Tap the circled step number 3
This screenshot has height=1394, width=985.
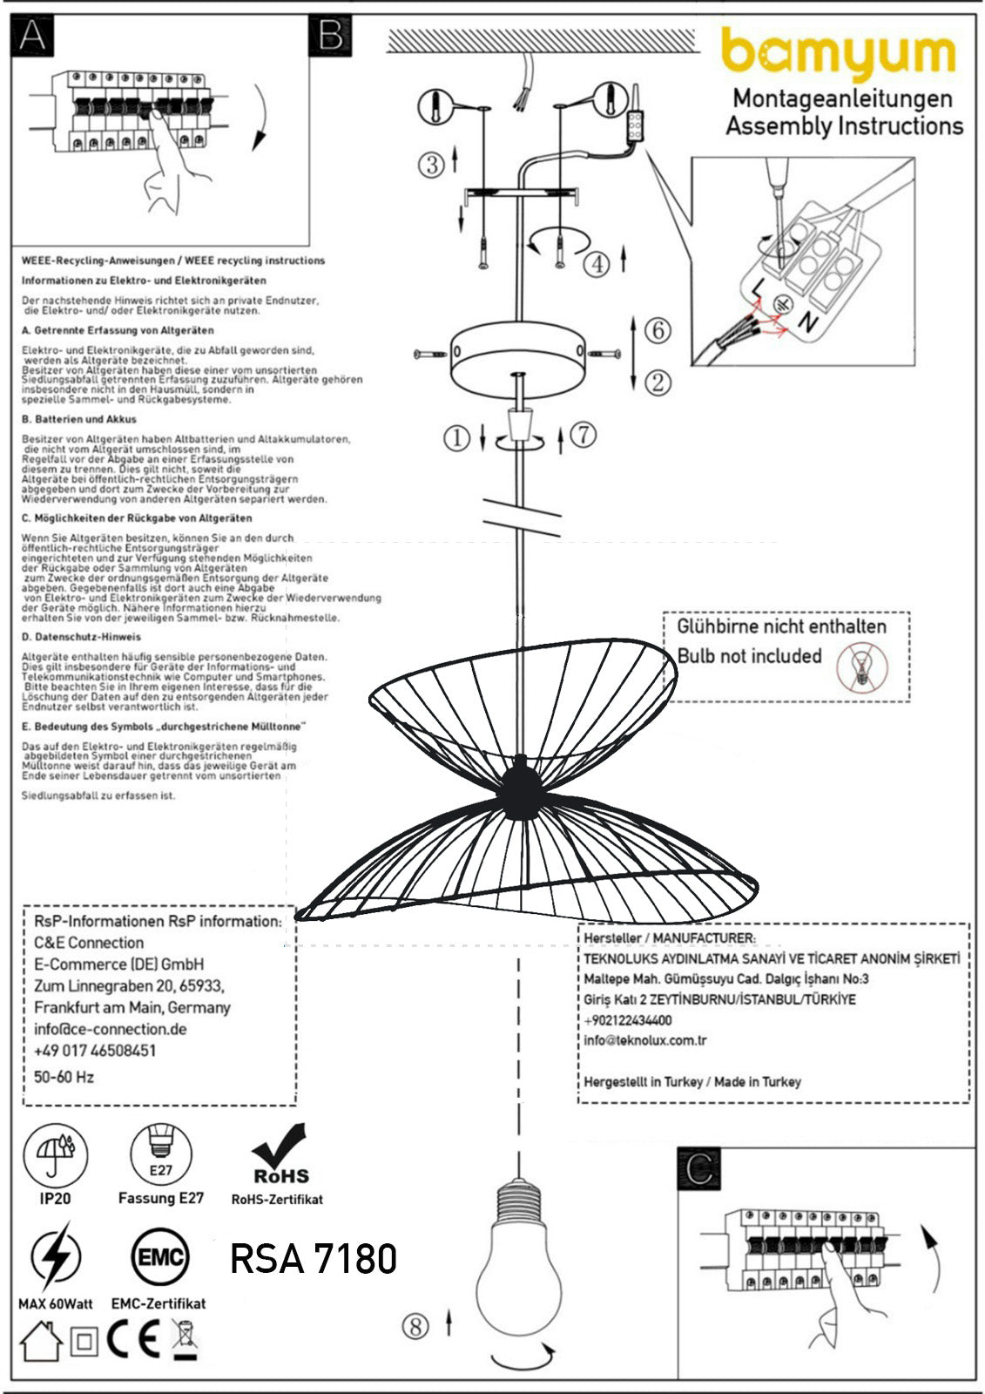pos(431,164)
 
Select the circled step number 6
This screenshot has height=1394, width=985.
pos(658,330)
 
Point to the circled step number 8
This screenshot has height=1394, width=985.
pos(415,1326)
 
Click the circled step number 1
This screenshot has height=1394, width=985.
pos(456,438)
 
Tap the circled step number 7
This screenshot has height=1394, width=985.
pos(583,434)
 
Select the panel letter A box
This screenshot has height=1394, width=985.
pos(33,35)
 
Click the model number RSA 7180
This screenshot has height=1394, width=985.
pos(314,1258)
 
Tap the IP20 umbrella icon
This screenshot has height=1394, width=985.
pos(55,1154)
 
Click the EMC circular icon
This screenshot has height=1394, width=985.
pos(159,1257)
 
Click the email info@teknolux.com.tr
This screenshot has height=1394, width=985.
pos(645,1040)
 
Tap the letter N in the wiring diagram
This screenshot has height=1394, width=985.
pos(808,322)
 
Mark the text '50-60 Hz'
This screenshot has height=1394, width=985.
pos(64,1077)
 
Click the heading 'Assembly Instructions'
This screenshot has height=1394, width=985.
pos(844,126)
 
